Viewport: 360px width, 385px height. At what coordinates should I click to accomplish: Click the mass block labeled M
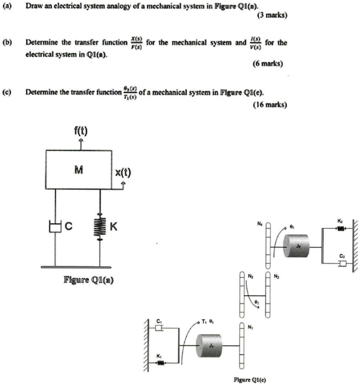[79, 170]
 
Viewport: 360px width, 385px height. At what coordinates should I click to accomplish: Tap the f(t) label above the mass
[81, 132]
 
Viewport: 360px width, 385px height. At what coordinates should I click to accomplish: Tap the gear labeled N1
[241, 343]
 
